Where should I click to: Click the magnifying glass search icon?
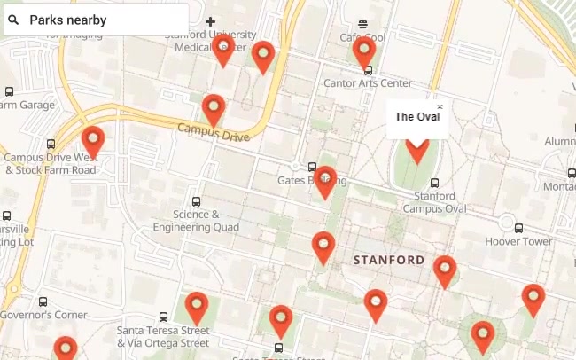pos(14,20)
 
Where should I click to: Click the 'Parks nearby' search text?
pos(68,20)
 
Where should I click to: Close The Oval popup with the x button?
pos(440,107)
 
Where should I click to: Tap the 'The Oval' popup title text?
pos(416,117)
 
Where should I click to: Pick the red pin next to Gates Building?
pos(325,180)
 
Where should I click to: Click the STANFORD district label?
pos(389,261)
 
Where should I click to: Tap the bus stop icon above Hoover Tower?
pos(518,228)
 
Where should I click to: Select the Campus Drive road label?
pos(214,131)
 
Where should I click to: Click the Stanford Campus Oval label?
pos(434,202)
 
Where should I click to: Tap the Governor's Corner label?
pos(43,315)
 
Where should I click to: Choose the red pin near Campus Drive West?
pos(92,141)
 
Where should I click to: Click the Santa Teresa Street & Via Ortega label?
pos(163,336)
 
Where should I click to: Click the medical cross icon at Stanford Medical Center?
pos(210,21)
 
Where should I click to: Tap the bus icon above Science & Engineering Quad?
pos(196,201)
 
